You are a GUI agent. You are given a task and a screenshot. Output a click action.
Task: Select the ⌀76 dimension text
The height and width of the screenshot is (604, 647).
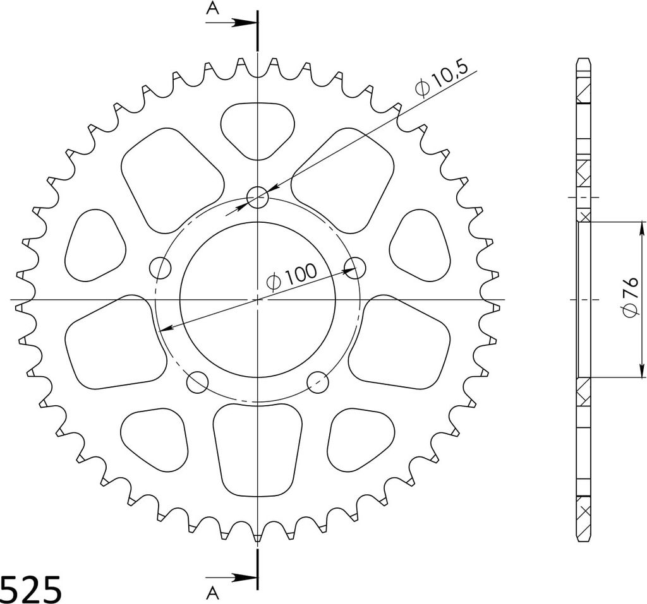pos(631,297)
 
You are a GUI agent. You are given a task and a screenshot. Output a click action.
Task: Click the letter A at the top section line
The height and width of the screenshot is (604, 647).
pos(212,8)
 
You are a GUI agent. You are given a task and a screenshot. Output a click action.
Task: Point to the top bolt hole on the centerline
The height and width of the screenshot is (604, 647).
pos(258,197)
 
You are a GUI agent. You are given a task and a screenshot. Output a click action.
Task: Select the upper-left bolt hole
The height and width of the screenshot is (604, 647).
pos(160,268)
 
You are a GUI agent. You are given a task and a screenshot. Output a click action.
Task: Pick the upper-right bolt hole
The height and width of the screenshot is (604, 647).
pos(355,268)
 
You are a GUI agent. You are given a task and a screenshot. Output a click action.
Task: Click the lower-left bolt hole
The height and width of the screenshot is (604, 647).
pos(197,382)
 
